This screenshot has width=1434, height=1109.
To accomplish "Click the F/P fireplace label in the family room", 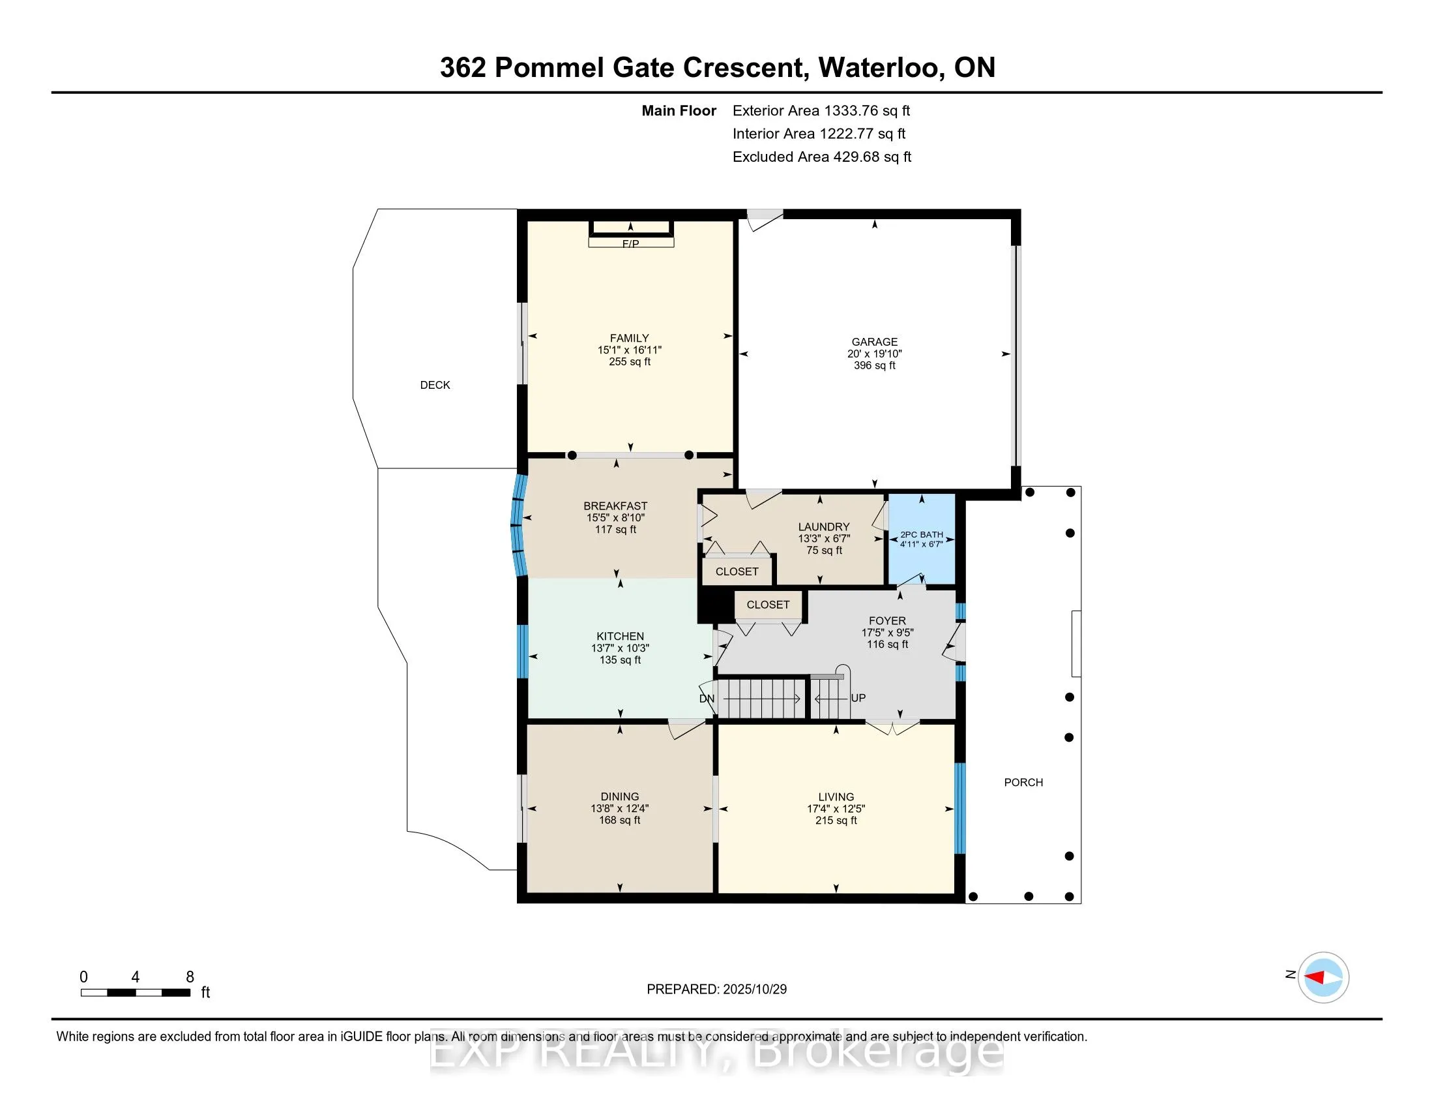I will pyautogui.click(x=630, y=244).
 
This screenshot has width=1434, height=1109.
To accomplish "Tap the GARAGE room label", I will pyautogui.click(x=874, y=342).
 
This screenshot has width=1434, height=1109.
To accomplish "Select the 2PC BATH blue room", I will pyautogui.click(x=921, y=539).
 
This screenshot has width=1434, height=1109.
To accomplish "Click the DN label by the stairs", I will pyautogui.click(x=707, y=699).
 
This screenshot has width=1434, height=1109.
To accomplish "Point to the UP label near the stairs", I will pyautogui.click(x=858, y=698).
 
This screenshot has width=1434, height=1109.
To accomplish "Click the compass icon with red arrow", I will pyautogui.click(x=1323, y=977).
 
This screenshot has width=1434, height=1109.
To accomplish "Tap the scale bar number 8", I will pyautogui.click(x=190, y=977).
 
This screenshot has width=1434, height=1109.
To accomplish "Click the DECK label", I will pyautogui.click(x=435, y=385).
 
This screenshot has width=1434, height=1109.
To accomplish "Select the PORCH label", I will pyautogui.click(x=1023, y=782).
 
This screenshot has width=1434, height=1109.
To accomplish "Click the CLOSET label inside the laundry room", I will pyautogui.click(x=737, y=571).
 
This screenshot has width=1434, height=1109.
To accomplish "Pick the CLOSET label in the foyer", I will pyautogui.click(x=768, y=605).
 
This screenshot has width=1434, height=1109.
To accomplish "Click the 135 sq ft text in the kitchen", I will pyautogui.click(x=620, y=660).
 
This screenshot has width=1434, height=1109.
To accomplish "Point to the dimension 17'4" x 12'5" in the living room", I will pyautogui.click(x=836, y=809).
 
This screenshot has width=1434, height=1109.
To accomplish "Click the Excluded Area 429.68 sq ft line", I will pyautogui.click(x=821, y=157).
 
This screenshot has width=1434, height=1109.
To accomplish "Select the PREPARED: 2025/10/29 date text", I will pyautogui.click(x=716, y=989).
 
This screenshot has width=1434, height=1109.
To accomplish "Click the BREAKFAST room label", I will pyautogui.click(x=615, y=506).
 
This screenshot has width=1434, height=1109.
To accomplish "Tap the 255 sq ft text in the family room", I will pyautogui.click(x=629, y=361).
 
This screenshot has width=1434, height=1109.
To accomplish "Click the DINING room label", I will pyautogui.click(x=619, y=797).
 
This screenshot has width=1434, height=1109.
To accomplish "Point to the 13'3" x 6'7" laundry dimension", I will pyautogui.click(x=824, y=538).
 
